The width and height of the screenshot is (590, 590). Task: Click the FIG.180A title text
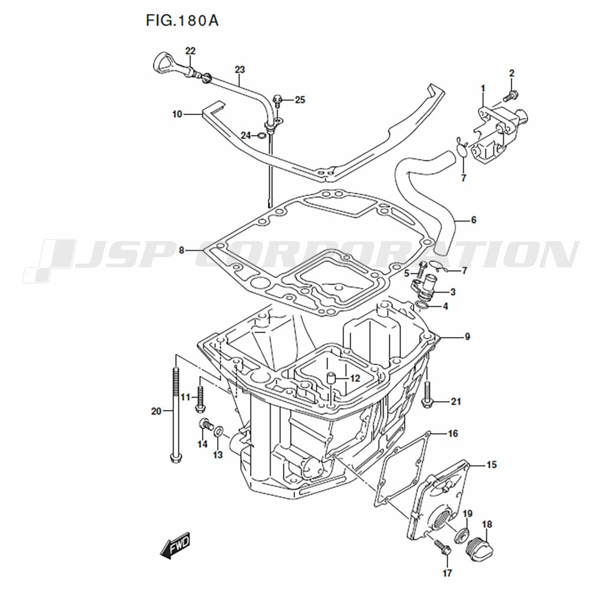click(x=182, y=21)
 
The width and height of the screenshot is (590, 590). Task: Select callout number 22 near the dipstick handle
click(x=190, y=51)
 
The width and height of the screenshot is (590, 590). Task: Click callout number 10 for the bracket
click(x=177, y=114)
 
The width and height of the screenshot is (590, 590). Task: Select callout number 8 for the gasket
click(x=182, y=250)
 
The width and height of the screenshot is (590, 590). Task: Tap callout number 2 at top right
click(x=512, y=73)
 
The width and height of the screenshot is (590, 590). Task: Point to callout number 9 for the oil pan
click(x=467, y=337)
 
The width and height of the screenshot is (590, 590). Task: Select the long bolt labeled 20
click(x=176, y=413)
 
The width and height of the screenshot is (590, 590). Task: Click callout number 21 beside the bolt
click(x=455, y=402)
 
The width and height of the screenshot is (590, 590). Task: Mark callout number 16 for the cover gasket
click(x=453, y=434)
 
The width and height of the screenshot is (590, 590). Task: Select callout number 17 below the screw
click(x=447, y=572)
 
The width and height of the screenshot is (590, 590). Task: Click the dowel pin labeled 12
click(x=332, y=377)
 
